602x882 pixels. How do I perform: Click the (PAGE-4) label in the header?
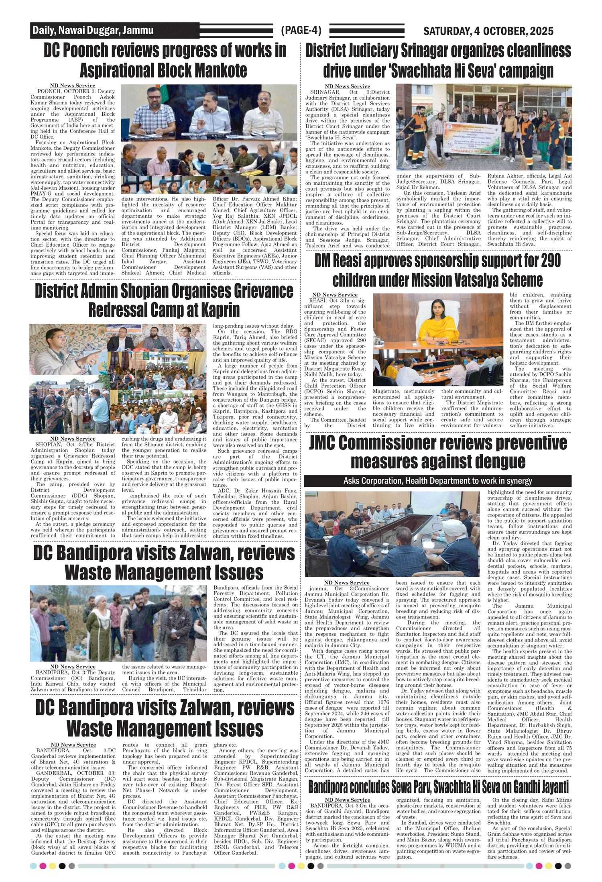click(x=301, y=30)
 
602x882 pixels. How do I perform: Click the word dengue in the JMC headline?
click(x=500, y=461)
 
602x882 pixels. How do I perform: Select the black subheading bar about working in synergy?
click(x=437, y=481)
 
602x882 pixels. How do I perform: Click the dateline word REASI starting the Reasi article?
click(x=317, y=300)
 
